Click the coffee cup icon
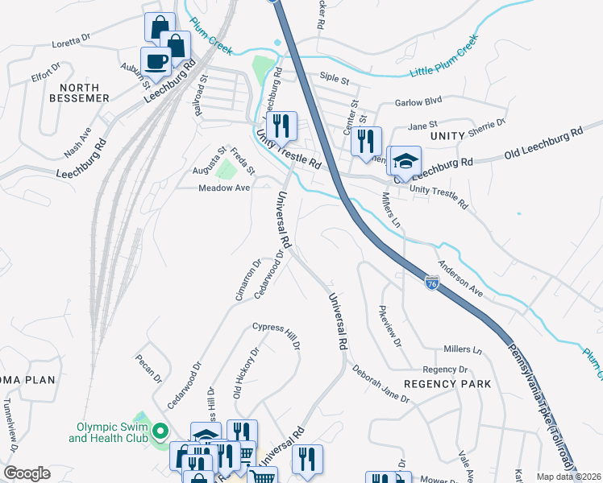pyautogui.click(x=156, y=61)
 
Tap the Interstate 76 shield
pyautogui.click(x=432, y=283)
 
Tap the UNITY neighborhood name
pyautogui.click(x=448, y=138)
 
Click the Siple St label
pyautogui.click(x=334, y=79)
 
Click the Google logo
pyautogui.click(x=27, y=473)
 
